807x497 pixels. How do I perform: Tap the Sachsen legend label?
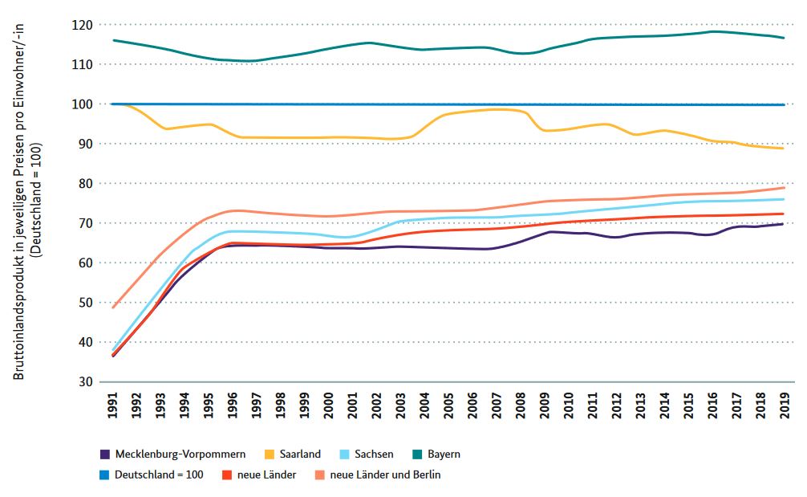(373, 454)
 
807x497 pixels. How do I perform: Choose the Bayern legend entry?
(442, 454)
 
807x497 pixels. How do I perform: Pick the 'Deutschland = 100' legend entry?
(158, 475)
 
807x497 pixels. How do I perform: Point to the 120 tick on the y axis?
(82, 25)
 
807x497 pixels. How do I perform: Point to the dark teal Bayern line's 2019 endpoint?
(784, 38)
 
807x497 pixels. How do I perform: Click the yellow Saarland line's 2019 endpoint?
(784, 149)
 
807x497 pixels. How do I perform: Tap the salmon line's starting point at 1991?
(114, 308)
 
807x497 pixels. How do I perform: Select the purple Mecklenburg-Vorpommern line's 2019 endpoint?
(784, 224)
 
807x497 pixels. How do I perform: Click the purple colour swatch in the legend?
(104, 454)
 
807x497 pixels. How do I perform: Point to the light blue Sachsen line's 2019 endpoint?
(784, 199)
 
